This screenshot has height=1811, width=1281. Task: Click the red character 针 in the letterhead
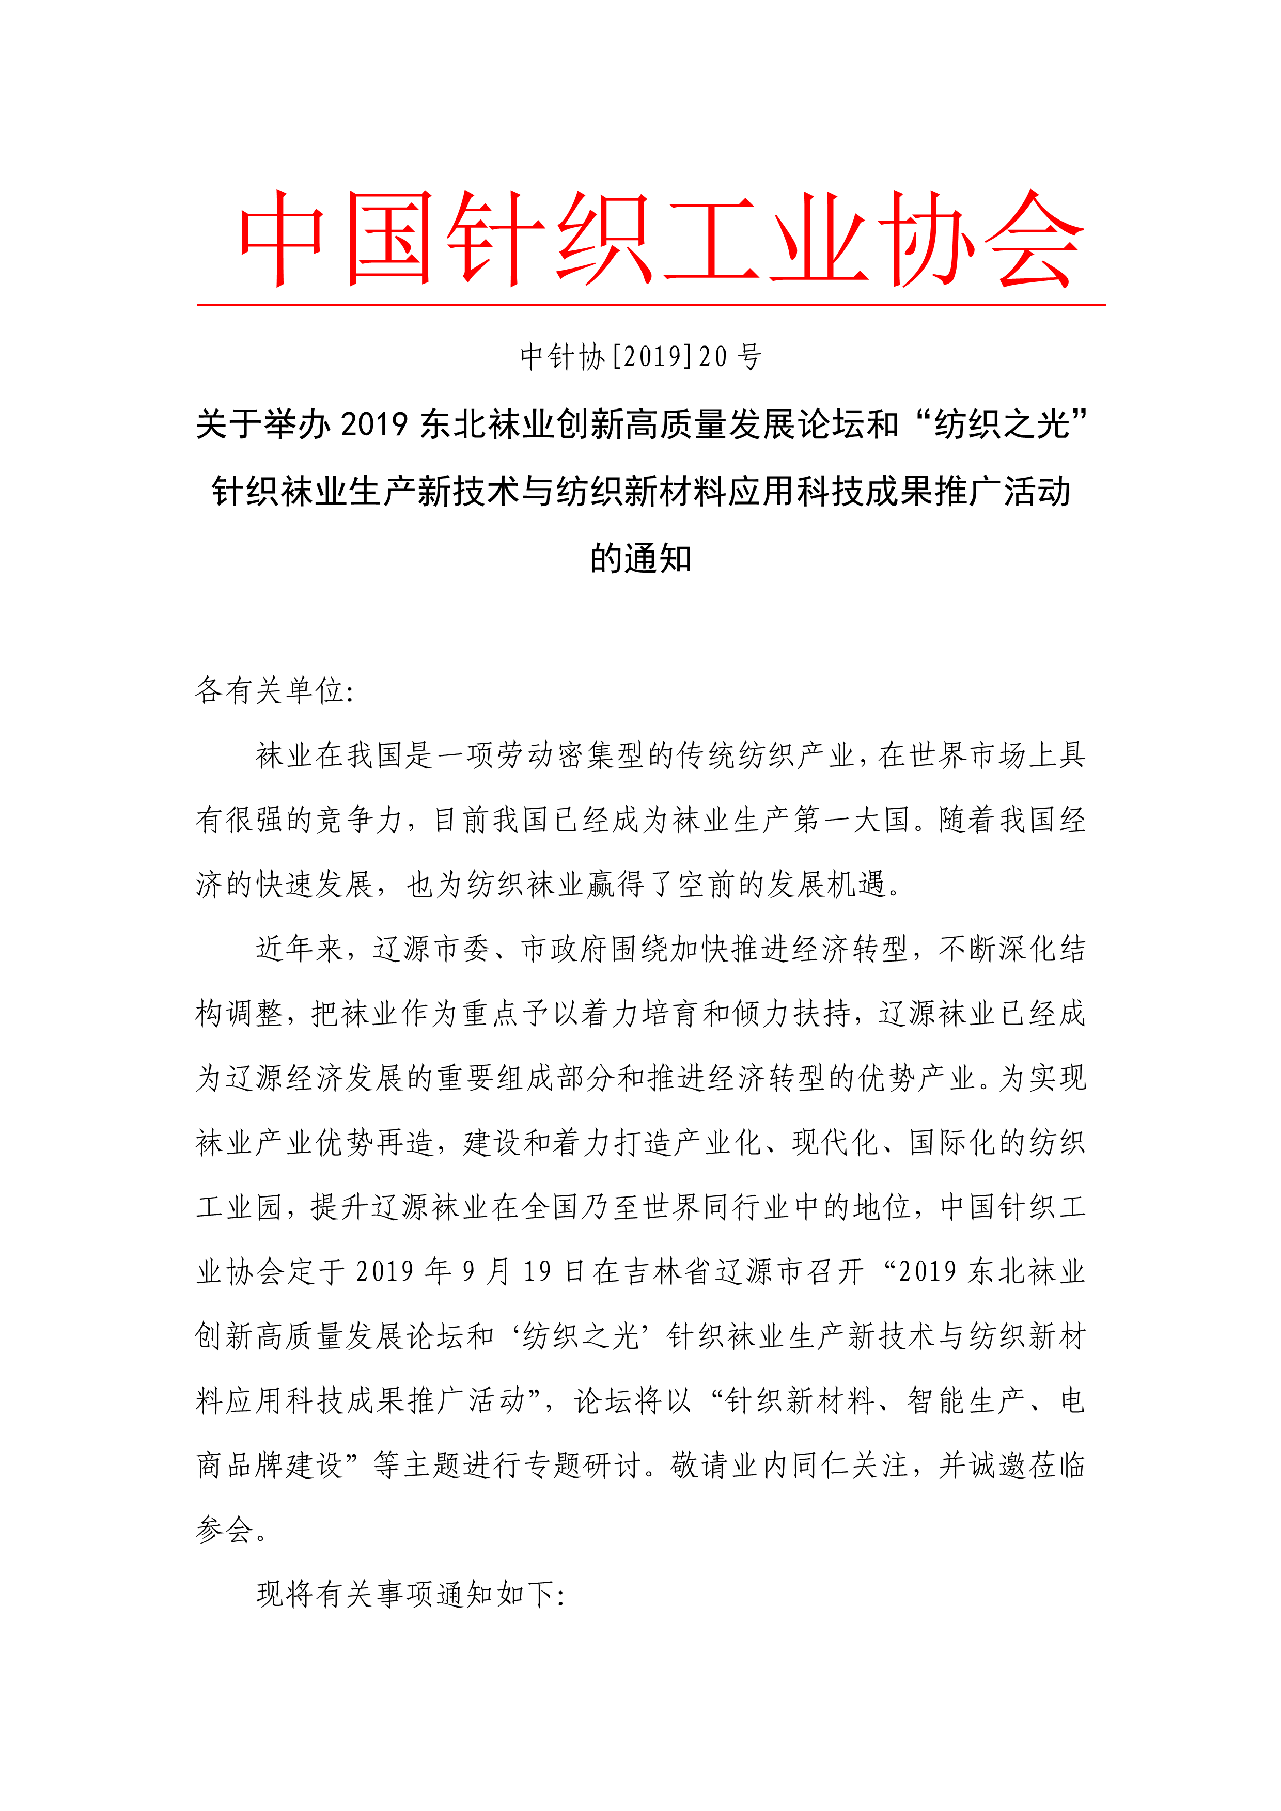[x=497, y=238]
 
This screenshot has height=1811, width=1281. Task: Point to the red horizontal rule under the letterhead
[x=651, y=304]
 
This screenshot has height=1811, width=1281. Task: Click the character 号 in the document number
[x=750, y=356]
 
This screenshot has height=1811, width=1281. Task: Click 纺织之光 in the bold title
[x=1001, y=424]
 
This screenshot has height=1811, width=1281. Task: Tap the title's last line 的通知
[x=640, y=558]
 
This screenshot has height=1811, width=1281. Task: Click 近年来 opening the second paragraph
[x=300, y=949]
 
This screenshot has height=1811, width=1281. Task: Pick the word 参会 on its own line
[x=225, y=1530]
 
